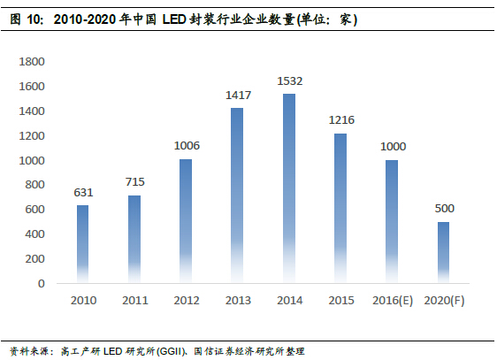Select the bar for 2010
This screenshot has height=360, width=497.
coord(82,244)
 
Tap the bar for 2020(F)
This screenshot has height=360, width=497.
coord(444,252)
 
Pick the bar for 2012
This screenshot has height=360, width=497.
coord(186,221)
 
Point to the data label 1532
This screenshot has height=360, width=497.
coord(289,81)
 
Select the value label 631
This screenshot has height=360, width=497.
coord(82,193)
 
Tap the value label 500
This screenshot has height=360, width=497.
coord(444,209)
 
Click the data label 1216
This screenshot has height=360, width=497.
coord(340,120)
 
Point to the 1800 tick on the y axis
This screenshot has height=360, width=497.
coord(32,62)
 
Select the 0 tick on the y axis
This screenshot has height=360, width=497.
coord(41,284)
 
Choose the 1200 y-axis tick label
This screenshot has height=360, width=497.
coord(32,136)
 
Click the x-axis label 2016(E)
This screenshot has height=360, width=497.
coord(393,302)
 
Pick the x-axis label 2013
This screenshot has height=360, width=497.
coord(237,302)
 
